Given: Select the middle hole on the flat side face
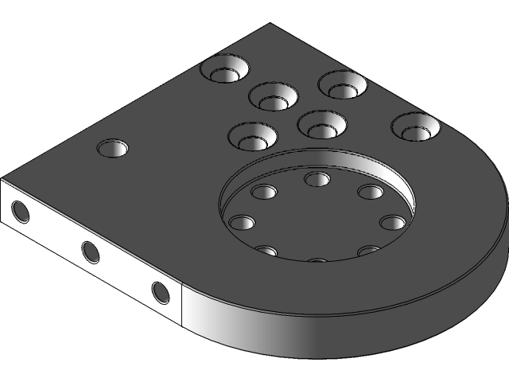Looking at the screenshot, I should click(91, 252).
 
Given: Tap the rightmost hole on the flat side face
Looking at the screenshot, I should click(161, 293).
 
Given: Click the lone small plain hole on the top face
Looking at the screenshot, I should click(113, 148).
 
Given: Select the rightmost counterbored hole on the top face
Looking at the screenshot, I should click(416, 127).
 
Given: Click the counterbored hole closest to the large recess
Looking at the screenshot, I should click(321, 123).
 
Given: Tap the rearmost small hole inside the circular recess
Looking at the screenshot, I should click(317, 179).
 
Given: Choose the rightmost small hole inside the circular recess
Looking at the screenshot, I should click(392, 222).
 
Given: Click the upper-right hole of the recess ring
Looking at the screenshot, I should click(370, 192).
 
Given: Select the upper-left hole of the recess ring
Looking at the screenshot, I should click(263, 192).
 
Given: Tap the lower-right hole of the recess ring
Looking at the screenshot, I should click(368, 251).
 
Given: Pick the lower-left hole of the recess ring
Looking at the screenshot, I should click(267, 251).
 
